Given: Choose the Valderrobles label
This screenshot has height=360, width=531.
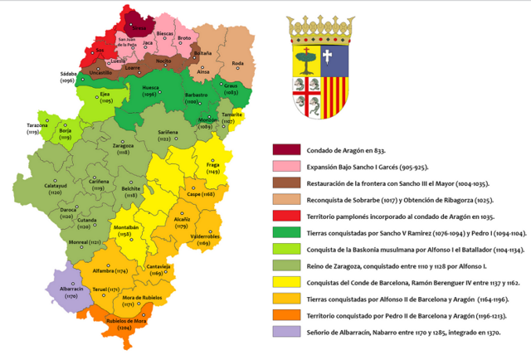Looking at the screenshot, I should (205, 239).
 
